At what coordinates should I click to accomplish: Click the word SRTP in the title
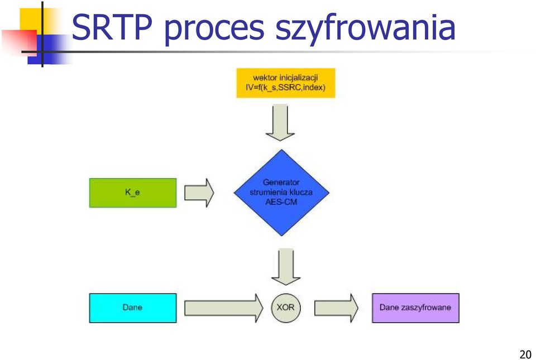pos(112,27)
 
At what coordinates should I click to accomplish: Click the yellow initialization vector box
pos(286,83)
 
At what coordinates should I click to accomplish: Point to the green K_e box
pos(133,193)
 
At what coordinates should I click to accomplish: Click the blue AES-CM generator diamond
pos(281,193)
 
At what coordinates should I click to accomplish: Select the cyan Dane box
pos(133,308)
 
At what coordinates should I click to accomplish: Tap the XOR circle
pos(286,308)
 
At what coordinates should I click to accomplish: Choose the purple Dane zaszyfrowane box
pos(415,308)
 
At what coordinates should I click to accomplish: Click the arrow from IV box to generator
pos(280,123)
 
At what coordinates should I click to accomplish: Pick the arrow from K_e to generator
pos(199,193)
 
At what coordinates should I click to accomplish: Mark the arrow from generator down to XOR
pos(286,267)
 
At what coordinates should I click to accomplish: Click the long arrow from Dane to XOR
pos(224,308)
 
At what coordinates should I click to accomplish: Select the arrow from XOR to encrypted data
pos(336,308)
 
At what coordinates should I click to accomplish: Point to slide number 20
pos(525,354)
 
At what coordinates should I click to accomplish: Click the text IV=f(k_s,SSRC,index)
pos(286,88)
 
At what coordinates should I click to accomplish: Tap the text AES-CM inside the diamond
pos(281,202)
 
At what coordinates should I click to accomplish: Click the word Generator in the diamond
pos(281,183)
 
